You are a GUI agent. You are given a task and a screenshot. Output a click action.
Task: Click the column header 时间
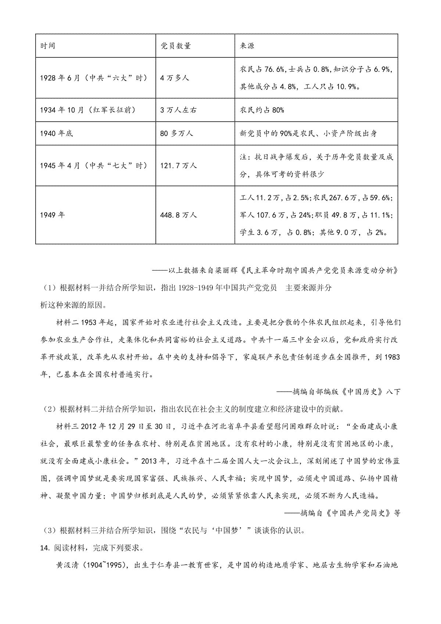tap(48, 46)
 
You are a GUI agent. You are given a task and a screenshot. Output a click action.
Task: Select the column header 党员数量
tap(176, 46)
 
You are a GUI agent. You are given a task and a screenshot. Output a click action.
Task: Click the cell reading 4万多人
tap(175, 78)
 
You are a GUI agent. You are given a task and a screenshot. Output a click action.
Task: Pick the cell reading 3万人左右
tap(178, 110)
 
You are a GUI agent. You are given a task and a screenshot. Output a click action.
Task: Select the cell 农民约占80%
tap(262, 110)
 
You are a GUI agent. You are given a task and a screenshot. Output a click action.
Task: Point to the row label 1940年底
tap(57, 133)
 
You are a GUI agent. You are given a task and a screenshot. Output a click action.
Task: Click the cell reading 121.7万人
tap(179, 166)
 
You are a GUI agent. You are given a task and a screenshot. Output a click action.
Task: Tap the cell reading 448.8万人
tap(179, 215)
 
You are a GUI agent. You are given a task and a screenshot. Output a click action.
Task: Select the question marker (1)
tap(47, 288)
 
